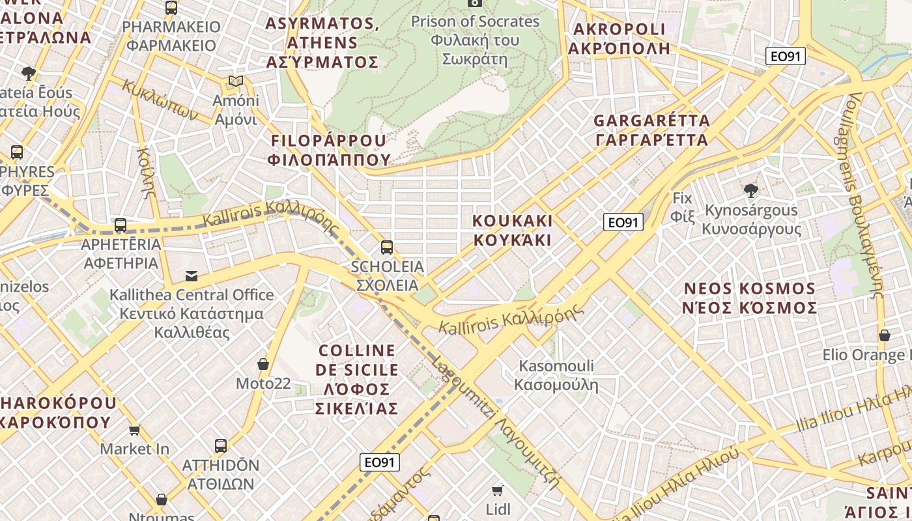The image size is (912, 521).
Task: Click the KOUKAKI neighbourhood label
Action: point(512,230)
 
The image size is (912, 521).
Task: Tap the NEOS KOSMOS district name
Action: point(749,298)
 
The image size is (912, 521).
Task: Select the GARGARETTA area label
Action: point(651,130)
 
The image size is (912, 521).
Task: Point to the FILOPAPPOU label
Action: point(329,150)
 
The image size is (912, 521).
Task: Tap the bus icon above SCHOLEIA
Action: point(387,247)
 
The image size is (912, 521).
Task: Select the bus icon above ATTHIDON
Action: point(221,446)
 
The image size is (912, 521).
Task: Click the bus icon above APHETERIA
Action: point(121,226)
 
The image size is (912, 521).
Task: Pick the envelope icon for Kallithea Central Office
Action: point(192,276)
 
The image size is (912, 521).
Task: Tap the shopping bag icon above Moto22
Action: point(263,363)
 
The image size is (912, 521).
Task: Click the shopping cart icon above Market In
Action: point(134,430)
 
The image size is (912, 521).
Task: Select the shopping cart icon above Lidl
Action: point(498,490)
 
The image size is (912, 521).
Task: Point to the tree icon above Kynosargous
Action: point(751,190)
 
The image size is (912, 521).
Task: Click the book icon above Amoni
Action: point(236,81)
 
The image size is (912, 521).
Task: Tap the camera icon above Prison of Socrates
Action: point(475,3)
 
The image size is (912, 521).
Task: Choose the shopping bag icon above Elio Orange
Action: point(884,335)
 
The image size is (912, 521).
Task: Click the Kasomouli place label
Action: point(556,375)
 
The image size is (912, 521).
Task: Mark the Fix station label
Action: point(683,206)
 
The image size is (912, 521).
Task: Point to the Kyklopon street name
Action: point(160,100)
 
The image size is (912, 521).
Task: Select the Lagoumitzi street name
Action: point(495,423)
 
